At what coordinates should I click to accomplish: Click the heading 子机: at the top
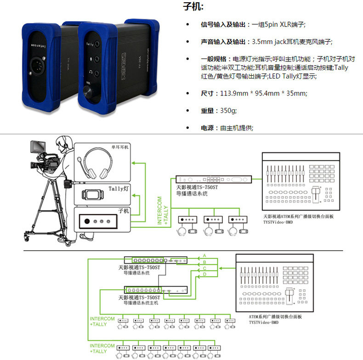click(193, 7)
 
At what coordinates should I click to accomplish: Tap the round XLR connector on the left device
click(36, 74)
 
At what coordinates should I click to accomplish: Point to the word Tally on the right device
click(90, 45)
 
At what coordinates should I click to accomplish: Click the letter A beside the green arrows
click(204, 255)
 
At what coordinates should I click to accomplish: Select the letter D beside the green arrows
click(204, 274)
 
